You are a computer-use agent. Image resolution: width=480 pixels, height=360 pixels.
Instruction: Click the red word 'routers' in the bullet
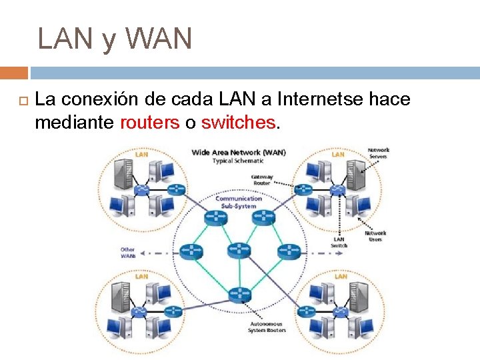(x=150, y=123)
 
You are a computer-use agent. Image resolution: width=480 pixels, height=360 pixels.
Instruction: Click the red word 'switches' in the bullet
(x=238, y=123)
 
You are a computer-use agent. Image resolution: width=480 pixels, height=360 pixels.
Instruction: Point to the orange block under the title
(x=13, y=73)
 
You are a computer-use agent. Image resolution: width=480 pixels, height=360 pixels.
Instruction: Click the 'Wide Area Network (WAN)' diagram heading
(x=239, y=152)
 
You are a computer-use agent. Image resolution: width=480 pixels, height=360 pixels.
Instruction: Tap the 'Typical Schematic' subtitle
(x=239, y=161)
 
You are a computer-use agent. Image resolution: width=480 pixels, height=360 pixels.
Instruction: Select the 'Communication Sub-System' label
(x=238, y=202)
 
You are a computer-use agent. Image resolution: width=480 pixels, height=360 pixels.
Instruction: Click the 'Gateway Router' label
(x=261, y=180)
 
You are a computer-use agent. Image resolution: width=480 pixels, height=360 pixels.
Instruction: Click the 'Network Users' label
(x=375, y=236)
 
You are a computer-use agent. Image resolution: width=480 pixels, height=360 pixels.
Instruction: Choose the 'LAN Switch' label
(x=339, y=242)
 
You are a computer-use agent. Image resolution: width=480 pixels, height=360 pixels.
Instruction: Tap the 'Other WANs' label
(x=128, y=253)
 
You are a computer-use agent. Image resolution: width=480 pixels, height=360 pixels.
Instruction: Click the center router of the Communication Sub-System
(x=238, y=250)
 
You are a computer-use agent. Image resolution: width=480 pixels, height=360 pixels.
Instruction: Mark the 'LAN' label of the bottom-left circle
(x=142, y=276)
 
